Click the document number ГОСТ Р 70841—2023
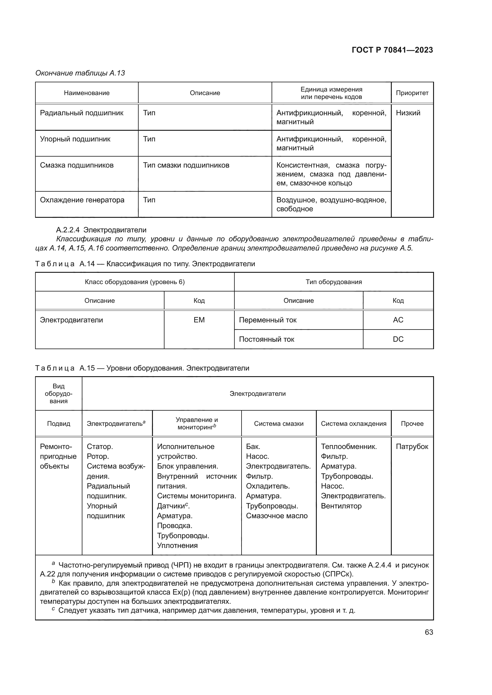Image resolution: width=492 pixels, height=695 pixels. point(392,50)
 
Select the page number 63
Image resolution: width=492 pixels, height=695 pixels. point(429,632)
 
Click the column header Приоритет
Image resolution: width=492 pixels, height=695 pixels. point(412,93)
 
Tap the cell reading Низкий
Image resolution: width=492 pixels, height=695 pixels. point(408,113)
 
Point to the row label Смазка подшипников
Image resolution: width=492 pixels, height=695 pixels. point(77,165)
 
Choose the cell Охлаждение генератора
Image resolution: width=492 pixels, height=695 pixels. point(82,200)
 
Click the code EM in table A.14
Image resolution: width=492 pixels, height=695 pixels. point(199,320)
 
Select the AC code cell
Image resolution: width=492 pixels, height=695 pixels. point(398,320)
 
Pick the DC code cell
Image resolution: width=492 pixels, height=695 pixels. point(398,339)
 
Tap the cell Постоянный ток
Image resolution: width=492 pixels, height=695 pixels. point(267,339)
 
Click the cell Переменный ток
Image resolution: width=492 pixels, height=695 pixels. point(268,320)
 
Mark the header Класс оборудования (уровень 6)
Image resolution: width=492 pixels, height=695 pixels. point(134,282)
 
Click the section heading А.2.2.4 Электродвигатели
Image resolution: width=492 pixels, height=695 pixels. point(101,230)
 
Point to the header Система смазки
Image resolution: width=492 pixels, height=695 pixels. point(278,423)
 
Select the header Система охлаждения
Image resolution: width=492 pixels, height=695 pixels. point(354,423)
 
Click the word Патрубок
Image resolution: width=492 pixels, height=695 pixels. point(412,447)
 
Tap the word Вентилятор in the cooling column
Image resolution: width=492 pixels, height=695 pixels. point(341,506)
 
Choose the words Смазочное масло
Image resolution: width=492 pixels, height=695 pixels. point(277,516)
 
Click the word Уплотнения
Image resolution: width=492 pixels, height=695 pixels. point(177,546)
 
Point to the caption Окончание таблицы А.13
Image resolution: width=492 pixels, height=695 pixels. point(80,73)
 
